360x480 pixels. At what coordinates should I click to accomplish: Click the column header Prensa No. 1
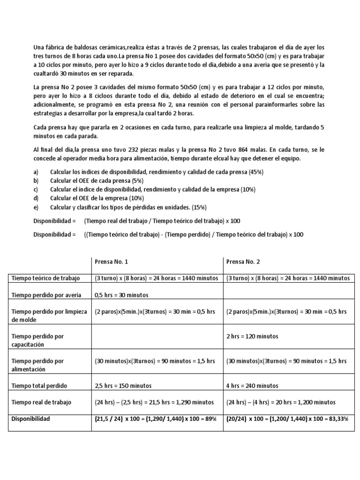111,262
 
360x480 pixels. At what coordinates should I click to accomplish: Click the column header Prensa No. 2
242,262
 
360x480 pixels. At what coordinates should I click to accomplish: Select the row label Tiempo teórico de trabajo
46,278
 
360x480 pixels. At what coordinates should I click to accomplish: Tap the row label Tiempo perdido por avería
46,295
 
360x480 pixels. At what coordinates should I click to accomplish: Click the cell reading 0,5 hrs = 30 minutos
121,295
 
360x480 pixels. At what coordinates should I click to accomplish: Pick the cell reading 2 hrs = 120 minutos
252,336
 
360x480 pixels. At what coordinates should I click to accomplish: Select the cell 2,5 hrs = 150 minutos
123,386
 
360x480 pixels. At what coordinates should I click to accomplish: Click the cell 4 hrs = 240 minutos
250,386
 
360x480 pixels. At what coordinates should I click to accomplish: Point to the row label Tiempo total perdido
39,386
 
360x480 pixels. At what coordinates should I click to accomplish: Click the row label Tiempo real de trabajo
42,402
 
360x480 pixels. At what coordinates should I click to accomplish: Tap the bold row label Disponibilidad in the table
31,419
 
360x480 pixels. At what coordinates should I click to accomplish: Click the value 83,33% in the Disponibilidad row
337,419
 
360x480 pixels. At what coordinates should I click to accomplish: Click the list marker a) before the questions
36,172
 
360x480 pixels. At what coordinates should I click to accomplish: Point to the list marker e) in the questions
36,207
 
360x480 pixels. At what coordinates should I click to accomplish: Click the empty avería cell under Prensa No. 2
288,295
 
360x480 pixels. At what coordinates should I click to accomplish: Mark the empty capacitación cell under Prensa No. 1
157,340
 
